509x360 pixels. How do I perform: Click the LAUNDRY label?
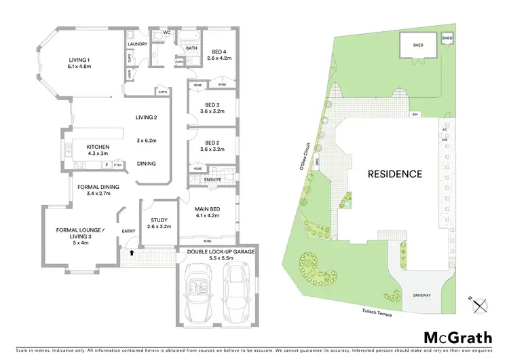[x=137, y=45]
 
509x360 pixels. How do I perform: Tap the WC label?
[x=166, y=33]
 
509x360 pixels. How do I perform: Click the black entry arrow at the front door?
[x=132, y=253]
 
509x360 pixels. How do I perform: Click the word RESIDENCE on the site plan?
[x=394, y=174]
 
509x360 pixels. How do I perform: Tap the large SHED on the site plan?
[x=417, y=46]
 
